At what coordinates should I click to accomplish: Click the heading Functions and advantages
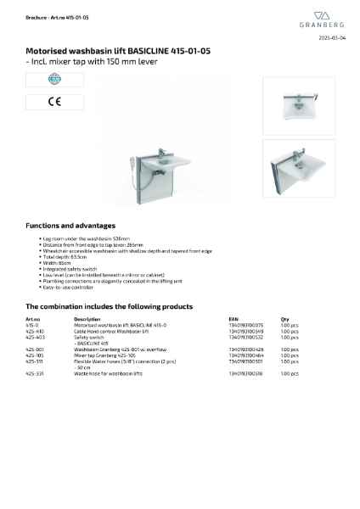tap(70, 226)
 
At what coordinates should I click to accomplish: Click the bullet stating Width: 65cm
tap(59, 263)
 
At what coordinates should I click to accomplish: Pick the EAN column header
tap(233, 319)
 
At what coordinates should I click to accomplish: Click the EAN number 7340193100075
tap(246, 325)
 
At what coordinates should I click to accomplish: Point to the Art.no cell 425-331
tap(35, 373)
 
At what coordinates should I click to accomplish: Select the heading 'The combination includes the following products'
tap(109, 306)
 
